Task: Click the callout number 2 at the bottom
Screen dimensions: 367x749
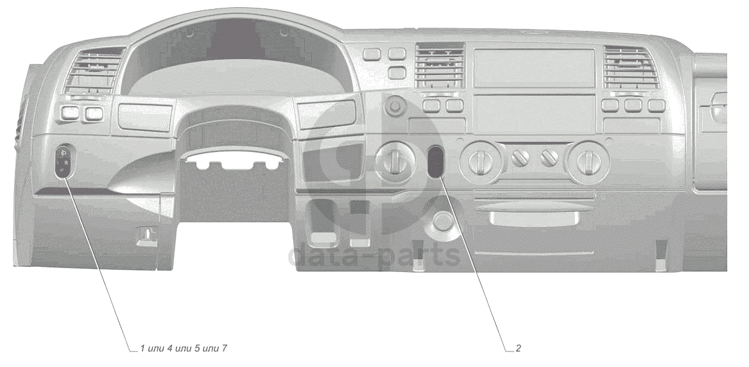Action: (518, 348)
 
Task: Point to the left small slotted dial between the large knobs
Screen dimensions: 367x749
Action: (519, 157)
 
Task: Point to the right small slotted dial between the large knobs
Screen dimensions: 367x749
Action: (549, 157)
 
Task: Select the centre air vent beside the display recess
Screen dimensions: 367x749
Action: (440, 66)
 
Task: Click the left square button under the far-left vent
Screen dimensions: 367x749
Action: (69, 114)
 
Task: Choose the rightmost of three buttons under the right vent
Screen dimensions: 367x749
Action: (655, 105)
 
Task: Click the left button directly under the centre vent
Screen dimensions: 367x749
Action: (432, 105)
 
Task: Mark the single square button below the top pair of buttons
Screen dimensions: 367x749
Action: (397, 72)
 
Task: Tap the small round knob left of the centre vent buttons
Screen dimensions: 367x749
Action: (396, 103)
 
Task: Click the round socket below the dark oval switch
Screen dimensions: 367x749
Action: (442, 220)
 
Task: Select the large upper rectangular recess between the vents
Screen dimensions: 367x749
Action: (534, 67)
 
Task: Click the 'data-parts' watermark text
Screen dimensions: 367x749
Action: (374, 255)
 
